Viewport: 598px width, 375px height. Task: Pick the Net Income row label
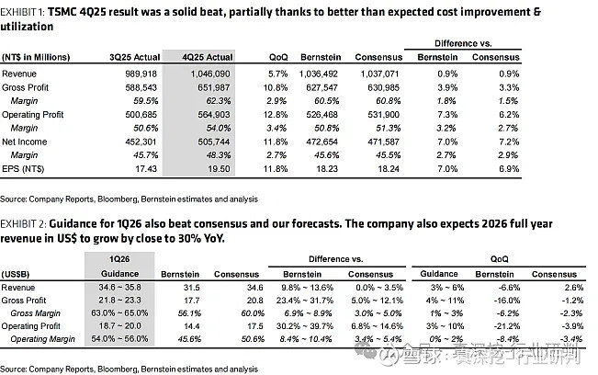click(x=26, y=142)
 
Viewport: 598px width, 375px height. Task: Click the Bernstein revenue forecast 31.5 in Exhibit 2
click(x=186, y=288)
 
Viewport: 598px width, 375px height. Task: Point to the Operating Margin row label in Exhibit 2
click(x=43, y=339)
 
